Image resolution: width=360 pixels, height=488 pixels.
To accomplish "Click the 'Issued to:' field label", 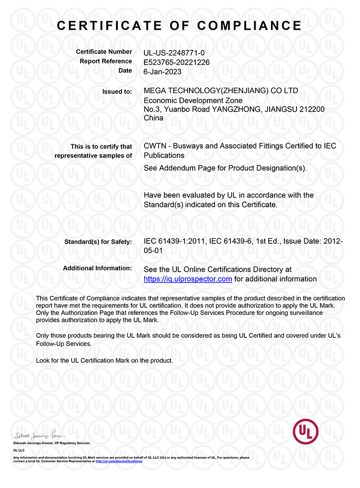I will click(x=117, y=91).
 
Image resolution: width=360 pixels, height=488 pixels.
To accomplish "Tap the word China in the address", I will click(x=153, y=118).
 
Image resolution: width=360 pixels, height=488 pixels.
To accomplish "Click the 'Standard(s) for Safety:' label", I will click(x=98, y=242).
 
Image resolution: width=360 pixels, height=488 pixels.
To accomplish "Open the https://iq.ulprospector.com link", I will click(x=188, y=279).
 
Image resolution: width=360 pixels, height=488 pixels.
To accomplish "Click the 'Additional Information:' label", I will click(x=97, y=268).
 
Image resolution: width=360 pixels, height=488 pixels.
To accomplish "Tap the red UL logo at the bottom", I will click(x=305, y=431).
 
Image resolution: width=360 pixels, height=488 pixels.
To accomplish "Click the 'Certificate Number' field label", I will click(x=104, y=52).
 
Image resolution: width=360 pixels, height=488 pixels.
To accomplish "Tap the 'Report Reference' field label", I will click(x=106, y=61).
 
